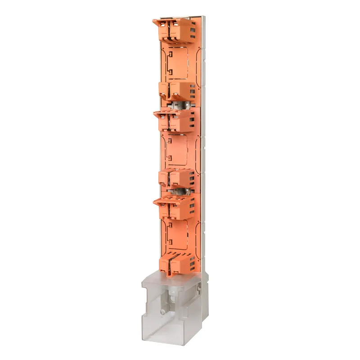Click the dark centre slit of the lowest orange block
click(170, 265)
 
